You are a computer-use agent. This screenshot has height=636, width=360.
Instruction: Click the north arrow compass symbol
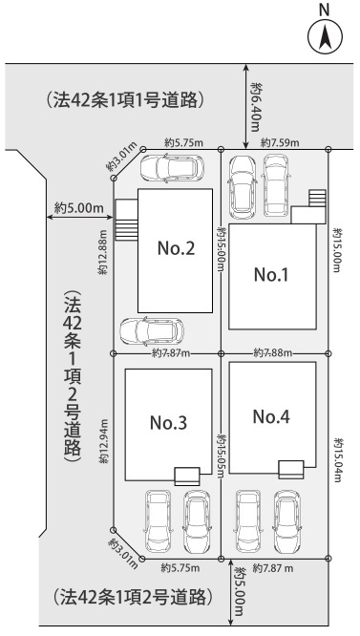point(325,36)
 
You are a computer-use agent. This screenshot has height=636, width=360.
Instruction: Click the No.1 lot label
point(271,275)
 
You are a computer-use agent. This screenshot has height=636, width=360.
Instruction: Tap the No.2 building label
point(176,248)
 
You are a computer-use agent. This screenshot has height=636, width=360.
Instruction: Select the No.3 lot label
point(168,423)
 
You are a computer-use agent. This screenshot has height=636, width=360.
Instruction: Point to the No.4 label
point(271,416)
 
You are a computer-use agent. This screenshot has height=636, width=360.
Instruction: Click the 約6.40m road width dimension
point(255,107)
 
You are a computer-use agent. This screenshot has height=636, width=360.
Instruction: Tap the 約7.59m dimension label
point(280,143)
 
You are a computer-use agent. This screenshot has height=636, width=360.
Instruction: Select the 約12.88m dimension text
point(104,252)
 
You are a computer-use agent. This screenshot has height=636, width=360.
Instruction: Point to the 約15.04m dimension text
point(338,460)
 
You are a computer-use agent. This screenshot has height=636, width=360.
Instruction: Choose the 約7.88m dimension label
point(272,353)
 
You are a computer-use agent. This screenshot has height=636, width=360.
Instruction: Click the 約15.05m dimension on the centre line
point(222,456)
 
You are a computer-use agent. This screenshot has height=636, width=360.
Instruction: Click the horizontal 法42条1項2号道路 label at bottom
point(133,597)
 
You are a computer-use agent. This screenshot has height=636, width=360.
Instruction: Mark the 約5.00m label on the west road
point(79,208)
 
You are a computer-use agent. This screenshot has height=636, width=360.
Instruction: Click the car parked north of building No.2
point(172,168)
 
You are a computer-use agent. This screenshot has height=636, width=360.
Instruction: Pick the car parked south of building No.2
point(152,331)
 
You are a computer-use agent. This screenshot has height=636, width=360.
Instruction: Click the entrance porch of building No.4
point(290,470)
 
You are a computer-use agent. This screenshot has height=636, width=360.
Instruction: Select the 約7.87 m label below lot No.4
point(273,568)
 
